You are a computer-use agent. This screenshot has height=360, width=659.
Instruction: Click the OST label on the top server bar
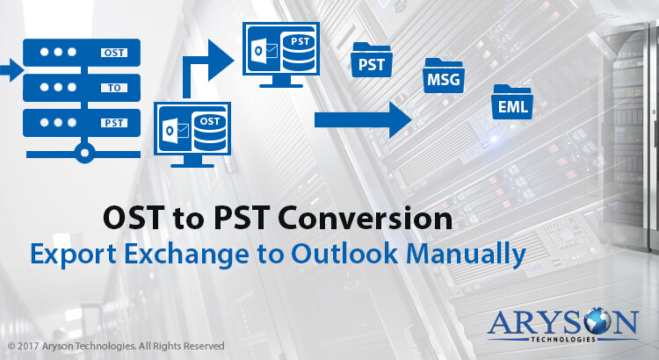[x=114, y=53]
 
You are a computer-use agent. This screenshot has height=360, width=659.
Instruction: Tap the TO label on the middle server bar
[x=114, y=88]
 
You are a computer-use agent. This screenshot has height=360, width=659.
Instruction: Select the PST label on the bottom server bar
[x=114, y=123]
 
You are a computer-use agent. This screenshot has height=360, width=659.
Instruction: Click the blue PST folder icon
[x=372, y=60]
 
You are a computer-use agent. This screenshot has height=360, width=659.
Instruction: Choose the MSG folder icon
[x=444, y=76]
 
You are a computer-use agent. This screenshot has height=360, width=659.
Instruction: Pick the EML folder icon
[x=512, y=102]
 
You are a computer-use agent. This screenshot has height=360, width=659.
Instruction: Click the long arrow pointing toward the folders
[x=363, y=119]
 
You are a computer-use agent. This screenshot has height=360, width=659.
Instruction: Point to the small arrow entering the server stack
[x=11, y=70]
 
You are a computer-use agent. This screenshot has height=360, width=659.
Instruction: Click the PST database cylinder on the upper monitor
[x=299, y=52]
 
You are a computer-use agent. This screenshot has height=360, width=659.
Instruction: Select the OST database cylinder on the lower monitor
[x=210, y=132]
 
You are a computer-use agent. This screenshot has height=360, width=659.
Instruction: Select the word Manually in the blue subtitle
[x=466, y=255]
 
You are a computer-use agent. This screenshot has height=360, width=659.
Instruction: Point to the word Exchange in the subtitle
[x=186, y=255]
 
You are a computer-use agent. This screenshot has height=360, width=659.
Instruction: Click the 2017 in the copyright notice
[x=28, y=346]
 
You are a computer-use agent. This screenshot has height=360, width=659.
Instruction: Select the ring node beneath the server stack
[x=84, y=153]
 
